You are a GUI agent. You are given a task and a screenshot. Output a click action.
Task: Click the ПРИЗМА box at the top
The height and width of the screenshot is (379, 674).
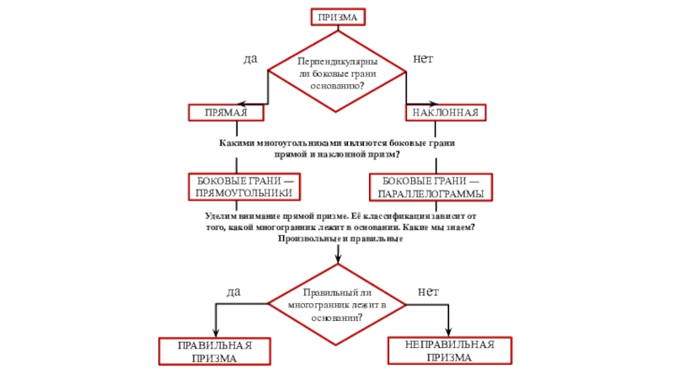tap(337, 18)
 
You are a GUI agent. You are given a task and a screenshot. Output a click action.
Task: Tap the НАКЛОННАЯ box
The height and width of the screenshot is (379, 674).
tap(447, 112)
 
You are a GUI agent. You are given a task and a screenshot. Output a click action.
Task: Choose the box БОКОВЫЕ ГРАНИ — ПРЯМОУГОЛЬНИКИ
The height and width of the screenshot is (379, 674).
tap(243, 187)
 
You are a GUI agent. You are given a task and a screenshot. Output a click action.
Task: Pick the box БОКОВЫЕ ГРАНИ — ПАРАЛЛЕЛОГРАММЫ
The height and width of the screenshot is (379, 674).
tap(432, 187)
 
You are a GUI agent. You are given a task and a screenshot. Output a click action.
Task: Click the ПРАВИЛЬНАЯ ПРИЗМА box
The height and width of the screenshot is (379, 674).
tap(214, 351)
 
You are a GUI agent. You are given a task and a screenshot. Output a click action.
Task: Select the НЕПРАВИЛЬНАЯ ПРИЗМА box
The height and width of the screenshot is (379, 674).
tap(449, 350)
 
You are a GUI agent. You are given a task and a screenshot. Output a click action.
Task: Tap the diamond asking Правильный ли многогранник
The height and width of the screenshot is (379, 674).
tap(337, 304)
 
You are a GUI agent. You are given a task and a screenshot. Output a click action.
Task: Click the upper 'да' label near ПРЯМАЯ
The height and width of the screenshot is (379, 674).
tap(250, 60)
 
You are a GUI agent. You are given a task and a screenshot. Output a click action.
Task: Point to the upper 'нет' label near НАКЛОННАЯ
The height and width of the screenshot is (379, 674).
tap(423, 60)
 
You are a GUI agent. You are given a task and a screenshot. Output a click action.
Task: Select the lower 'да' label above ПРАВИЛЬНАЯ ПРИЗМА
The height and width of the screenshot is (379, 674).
tap(233, 291)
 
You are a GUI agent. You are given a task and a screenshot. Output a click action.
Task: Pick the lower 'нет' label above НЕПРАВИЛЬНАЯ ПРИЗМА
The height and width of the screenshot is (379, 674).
tap(429, 291)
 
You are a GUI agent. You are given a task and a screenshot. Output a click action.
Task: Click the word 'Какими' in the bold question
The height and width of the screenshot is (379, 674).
tap(237, 144)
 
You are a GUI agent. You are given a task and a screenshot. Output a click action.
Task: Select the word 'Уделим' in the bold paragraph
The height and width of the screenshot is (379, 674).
tap(222, 217)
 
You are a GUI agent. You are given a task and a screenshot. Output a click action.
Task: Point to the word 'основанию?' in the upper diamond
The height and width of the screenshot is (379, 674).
tap(337, 86)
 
